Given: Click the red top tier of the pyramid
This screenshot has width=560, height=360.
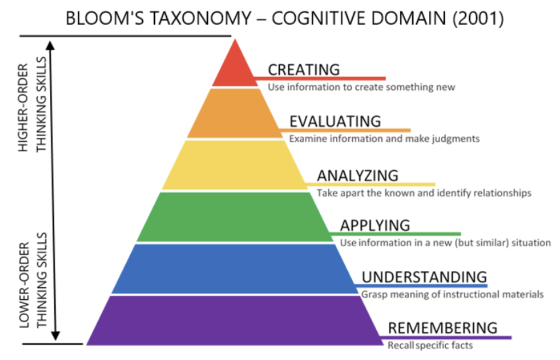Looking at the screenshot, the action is (235, 68).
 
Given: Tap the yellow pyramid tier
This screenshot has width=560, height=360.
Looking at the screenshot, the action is (235, 165).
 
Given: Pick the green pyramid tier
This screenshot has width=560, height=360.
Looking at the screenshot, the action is (235, 217).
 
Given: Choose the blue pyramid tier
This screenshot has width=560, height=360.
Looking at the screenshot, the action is (235, 269).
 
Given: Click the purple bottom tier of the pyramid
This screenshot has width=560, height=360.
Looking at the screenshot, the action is (235, 321).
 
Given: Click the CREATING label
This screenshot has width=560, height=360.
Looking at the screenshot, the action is (304, 69).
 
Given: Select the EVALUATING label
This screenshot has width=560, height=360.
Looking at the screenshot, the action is (335, 121).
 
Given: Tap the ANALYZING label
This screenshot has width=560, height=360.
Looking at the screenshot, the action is (358, 176).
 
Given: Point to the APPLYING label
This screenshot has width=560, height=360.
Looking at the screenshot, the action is (375, 225).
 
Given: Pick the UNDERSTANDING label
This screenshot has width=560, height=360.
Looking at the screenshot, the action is (424, 277).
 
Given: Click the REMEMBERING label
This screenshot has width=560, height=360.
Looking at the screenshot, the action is (442, 328).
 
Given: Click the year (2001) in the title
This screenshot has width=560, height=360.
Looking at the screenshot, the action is (478, 18).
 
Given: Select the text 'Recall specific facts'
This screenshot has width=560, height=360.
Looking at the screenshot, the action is (430, 345).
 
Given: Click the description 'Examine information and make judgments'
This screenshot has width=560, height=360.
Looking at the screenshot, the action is (384, 139).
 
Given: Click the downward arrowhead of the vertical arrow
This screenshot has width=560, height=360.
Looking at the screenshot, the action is (55, 335).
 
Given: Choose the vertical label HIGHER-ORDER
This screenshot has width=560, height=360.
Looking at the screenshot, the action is (23, 107).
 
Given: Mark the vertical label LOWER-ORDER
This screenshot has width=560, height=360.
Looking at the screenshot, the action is (24, 285).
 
